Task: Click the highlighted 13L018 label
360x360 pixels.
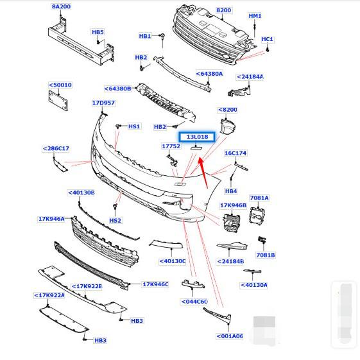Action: pos(197,137)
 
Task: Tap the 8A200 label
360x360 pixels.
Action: pos(61,6)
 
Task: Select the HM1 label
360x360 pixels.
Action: pos(255,16)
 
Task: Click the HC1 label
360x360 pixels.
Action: pos(267,39)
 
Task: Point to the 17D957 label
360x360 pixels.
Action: pos(103,103)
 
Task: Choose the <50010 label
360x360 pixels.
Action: pos(60,85)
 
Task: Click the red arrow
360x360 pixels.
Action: pos(203,173)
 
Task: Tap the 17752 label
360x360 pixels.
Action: pos(171,146)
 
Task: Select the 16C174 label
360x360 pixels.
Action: pos(236,153)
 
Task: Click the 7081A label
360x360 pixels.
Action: pos(259,198)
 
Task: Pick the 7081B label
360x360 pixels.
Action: pos(266,255)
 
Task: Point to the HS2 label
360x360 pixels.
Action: pos(115,220)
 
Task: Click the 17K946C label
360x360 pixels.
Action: pos(155,284)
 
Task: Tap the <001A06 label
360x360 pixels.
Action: pos(230,336)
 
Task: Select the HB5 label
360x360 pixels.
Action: pos(98,32)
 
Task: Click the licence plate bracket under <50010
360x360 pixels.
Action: pos(58,101)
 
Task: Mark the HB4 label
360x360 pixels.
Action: pos(231,191)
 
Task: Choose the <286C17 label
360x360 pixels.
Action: pos(56,148)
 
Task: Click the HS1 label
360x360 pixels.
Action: pos(134,126)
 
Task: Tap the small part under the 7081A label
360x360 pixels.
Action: pos(257,216)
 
